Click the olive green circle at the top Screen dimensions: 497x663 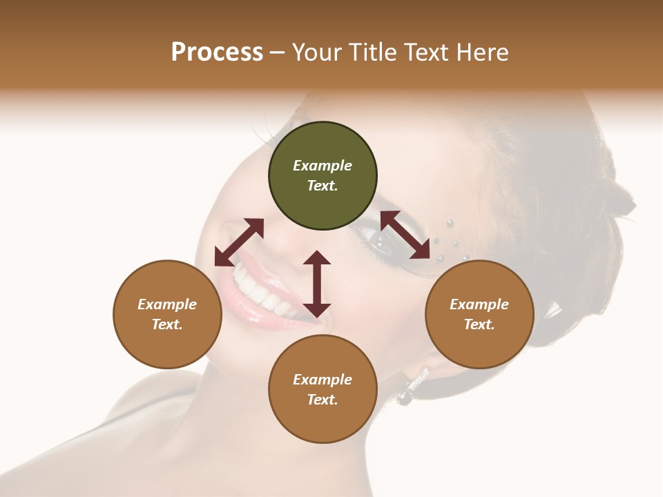pyautogui.click(x=323, y=176)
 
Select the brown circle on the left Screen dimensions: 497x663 pyautogui.click(x=167, y=314)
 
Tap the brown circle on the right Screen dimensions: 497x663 pyautogui.click(x=479, y=314)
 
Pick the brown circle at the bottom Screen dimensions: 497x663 pyautogui.click(x=323, y=389)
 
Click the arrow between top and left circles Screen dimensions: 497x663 pyautogui.click(x=239, y=242)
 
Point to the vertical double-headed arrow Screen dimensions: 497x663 pyautogui.click(x=317, y=284)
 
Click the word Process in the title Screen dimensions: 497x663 pyautogui.click(x=217, y=52)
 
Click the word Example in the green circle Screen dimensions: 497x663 pyautogui.click(x=323, y=166)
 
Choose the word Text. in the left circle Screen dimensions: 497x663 pyautogui.click(x=167, y=324)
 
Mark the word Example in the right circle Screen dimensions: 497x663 pyautogui.click(x=479, y=304)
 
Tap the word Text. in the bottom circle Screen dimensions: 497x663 pyautogui.click(x=323, y=400)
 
